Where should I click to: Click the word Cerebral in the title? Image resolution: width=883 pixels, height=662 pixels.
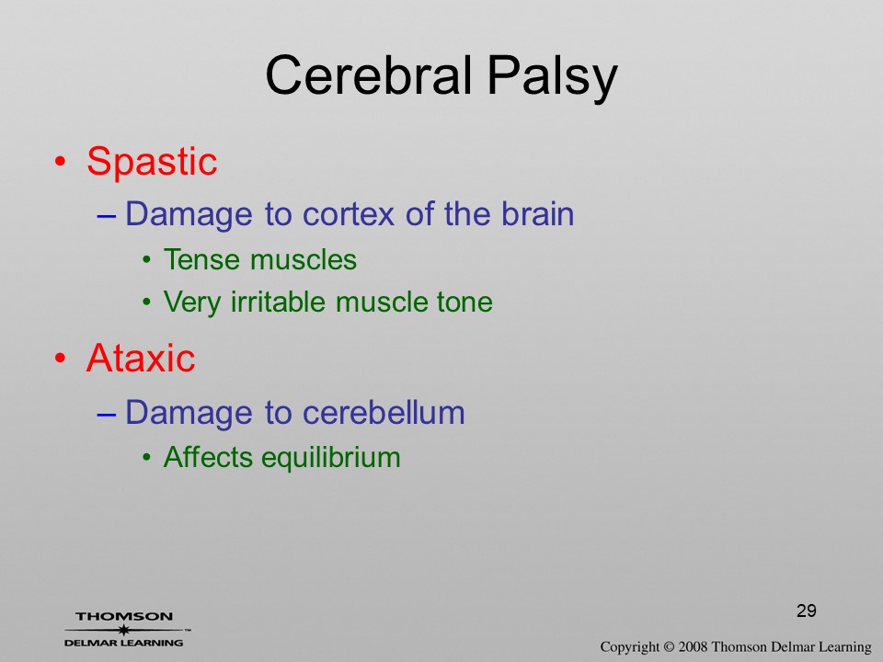[x=368, y=75]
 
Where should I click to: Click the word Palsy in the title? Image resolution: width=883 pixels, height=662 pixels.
[x=553, y=79]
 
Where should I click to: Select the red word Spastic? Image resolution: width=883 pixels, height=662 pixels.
[x=152, y=162]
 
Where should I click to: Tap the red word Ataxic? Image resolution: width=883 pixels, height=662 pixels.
[x=141, y=358]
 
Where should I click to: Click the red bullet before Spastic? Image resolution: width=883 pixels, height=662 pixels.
[x=61, y=162]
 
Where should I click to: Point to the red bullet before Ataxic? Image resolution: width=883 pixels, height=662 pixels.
[x=61, y=358]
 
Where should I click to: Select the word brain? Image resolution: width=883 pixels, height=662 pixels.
[x=538, y=213]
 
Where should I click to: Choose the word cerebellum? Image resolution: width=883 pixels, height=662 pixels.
[x=384, y=412]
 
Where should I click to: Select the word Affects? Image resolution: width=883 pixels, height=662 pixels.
[x=208, y=457]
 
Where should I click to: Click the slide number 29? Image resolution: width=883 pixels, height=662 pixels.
[x=807, y=611]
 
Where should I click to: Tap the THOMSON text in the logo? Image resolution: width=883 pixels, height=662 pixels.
[x=124, y=616]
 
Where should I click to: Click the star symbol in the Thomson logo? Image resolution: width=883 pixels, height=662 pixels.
[x=123, y=630]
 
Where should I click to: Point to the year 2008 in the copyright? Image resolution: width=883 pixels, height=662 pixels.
[x=693, y=646]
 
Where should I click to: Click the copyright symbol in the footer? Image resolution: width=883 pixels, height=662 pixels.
[x=669, y=646]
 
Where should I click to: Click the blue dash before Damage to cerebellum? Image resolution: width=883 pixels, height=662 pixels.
[x=107, y=414]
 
